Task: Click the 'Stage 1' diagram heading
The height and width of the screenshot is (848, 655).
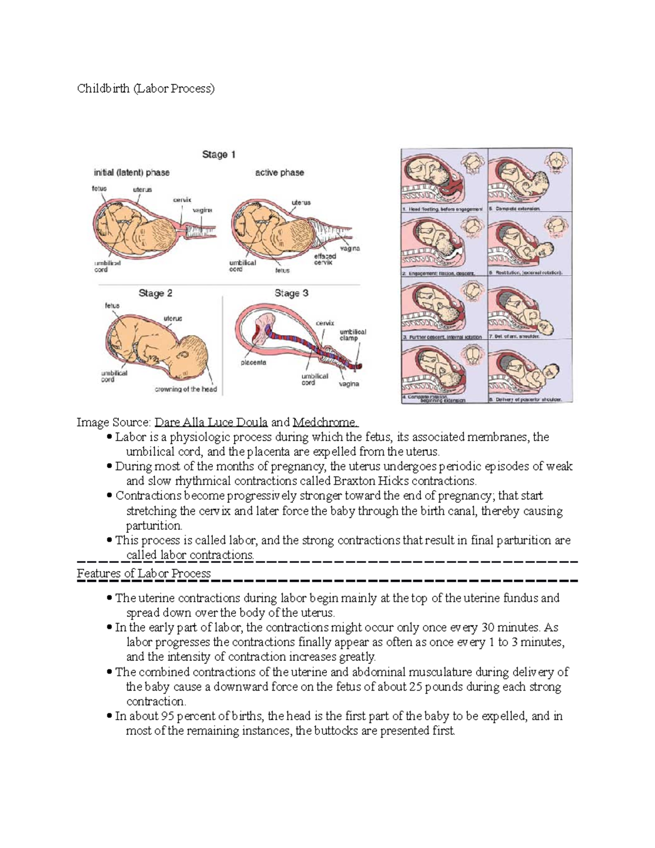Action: pyautogui.click(x=218, y=155)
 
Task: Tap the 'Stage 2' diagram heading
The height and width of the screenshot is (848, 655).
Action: pyautogui.click(x=155, y=293)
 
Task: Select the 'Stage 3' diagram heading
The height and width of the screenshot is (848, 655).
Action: pyautogui.click(x=291, y=293)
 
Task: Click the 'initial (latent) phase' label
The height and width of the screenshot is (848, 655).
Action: pyautogui.click(x=132, y=173)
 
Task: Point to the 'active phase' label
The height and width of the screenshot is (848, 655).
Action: pyautogui.click(x=279, y=173)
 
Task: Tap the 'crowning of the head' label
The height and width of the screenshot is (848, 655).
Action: pyautogui.click(x=186, y=389)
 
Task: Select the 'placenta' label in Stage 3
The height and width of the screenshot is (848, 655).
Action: pyautogui.click(x=253, y=362)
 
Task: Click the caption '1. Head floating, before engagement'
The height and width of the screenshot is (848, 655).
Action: pyautogui.click(x=443, y=209)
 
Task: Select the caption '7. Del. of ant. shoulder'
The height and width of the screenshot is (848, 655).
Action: pyautogui.click(x=517, y=337)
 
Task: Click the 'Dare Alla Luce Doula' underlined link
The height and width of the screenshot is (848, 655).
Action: pyautogui.click(x=211, y=422)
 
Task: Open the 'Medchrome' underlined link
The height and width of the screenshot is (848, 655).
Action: pyautogui.click(x=325, y=422)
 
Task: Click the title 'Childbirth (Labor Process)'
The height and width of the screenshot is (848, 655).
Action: pyautogui.click(x=146, y=88)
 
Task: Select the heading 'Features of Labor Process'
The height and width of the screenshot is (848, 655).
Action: pyautogui.click(x=144, y=573)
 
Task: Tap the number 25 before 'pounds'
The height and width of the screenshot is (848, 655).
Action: pyautogui.click(x=416, y=686)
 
